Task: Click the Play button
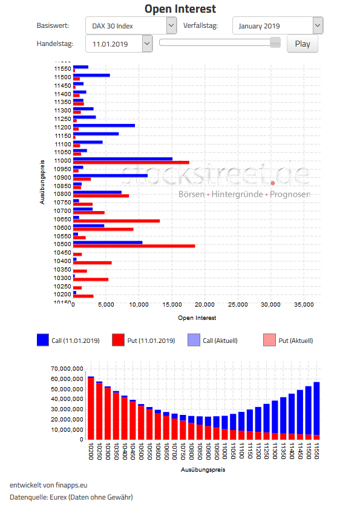[x=302, y=44]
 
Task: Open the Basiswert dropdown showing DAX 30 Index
[x=131, y=26]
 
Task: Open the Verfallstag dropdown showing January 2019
[x=278, y=26]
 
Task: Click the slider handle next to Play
[x=275, y=42]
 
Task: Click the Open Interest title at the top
[x=180, y=8]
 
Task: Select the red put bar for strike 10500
[x=134, y=246]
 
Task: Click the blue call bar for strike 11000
[x=123, y=158]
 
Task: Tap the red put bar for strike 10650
[x=116, y=221]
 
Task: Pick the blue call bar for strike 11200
[x=104, y=125]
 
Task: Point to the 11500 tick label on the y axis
[x=62, y=77]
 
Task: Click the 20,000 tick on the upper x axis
[x=205, y=305]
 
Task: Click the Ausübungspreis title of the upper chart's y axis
[x=42, y=181]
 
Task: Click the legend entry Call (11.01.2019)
[x=68, y=340]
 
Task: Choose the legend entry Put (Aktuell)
[x=289, y=340]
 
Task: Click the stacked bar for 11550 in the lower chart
[x=316, y=411]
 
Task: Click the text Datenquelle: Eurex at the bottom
[x=71, y=497]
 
